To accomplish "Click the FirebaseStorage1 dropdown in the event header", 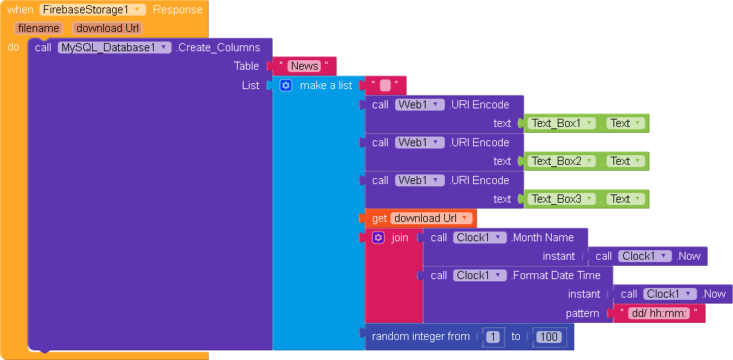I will pyautogui.click(x=93, y=10).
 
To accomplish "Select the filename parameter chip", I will pyautogui.click(x=39, y=28).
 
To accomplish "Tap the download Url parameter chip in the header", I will pyautogui.click(x=107, y=28).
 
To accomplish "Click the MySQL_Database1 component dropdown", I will pyautogui.click(x=114, y=48).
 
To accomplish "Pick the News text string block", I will pyautogui.click(x=304, y=66).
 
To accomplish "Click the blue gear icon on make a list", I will pyautogui.click(x=286, y=85).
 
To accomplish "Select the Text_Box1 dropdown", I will pyautogui.click(x=561, y=123).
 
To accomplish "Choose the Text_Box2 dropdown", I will pyautogui.click(x=561, y=161).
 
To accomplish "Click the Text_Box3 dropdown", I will pyautogui.click(x=561, y=199).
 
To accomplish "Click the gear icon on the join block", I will pyautogui.click(x=378, y=238).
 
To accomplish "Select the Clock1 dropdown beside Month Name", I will pyautogui.click(x=480, y=238).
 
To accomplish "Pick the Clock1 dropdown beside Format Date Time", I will pyautogui.click(x=480, y=275).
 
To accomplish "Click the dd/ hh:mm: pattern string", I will pyautogui.click(x=658, y=313).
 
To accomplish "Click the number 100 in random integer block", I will pyautogui.click(x=549, y=337).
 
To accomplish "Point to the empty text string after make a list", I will pyautogui.click(x=385, y=85).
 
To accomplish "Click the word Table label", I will pyautogui.click(x=247, y=66).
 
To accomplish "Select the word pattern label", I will pyautogui.click(x=582, y=313).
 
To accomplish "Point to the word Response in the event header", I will pyautogui.click(x=177, y=10).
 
